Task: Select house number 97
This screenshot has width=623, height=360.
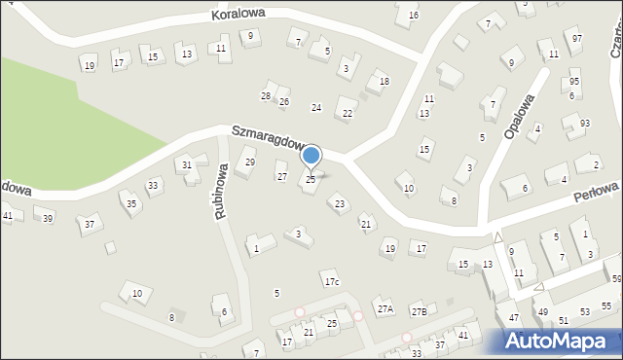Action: tap(577, 38)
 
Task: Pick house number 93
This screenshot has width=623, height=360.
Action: tap(584, 123)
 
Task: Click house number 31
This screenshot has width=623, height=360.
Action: tap(187, 165)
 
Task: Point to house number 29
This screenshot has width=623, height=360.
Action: tap(250, 162)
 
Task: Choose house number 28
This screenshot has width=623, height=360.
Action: tap(266, 95)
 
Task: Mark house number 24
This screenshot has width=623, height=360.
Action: tap(315, 107)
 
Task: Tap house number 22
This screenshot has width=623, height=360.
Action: tap(348, 114)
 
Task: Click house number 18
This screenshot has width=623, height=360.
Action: tap(384, 81)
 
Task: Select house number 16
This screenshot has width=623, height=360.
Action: tap(414, 16)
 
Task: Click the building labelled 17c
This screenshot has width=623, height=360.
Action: tap(332, 282)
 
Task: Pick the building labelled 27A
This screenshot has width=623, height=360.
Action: tap(385, 308)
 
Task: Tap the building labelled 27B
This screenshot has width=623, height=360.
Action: tap(419, 310)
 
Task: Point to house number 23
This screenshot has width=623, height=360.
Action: tap(339, 203)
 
